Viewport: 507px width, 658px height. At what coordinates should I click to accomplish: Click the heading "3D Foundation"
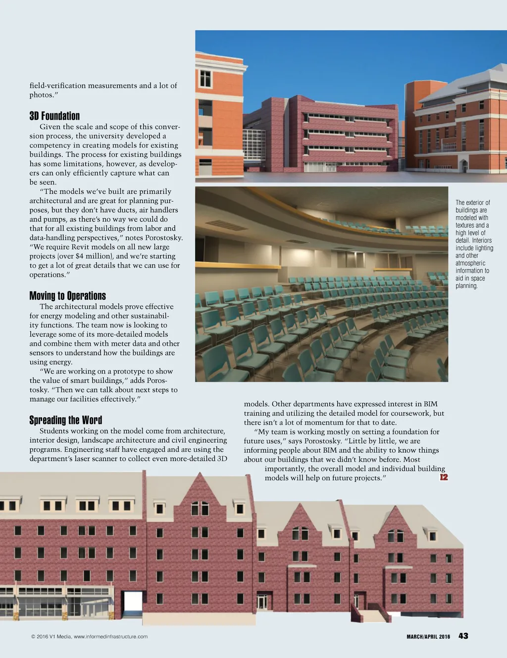(x=54, y=116)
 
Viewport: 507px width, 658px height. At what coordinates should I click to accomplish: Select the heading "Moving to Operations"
(x=67, y=296)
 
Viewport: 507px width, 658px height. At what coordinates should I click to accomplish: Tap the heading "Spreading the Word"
(x=65, y=420)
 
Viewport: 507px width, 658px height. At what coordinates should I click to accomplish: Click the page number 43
(x=463, y=636)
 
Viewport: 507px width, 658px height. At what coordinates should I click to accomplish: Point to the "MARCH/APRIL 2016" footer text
(x=428, y=637)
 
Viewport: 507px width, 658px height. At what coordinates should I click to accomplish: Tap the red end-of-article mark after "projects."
(x=444, y=477)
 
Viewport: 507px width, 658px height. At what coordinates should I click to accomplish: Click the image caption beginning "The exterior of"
(x=473, y=244)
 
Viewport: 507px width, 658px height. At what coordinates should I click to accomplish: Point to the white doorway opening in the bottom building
(x=133, y=602)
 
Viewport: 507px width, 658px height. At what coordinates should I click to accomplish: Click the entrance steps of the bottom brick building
(x=374, y=616)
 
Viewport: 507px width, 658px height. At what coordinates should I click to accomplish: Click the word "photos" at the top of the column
(x=41, y=95)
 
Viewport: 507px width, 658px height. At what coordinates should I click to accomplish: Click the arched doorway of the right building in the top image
(x=463, y=166)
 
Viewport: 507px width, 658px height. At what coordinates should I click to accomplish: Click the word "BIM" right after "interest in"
(x=430, y=404)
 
